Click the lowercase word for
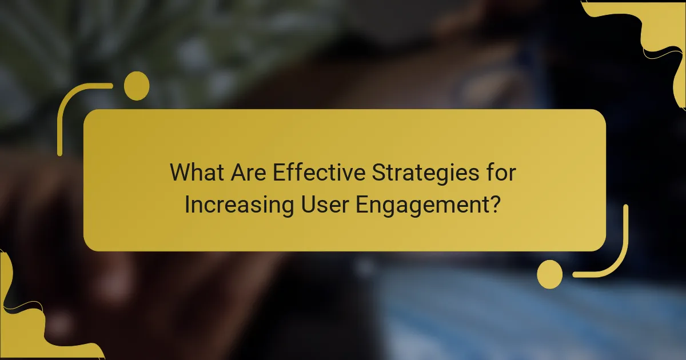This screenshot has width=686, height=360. [x=501, y=173]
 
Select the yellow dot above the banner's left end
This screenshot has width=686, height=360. [x=137, y=86]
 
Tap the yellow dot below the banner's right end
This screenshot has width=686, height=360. [x=550, y=274]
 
